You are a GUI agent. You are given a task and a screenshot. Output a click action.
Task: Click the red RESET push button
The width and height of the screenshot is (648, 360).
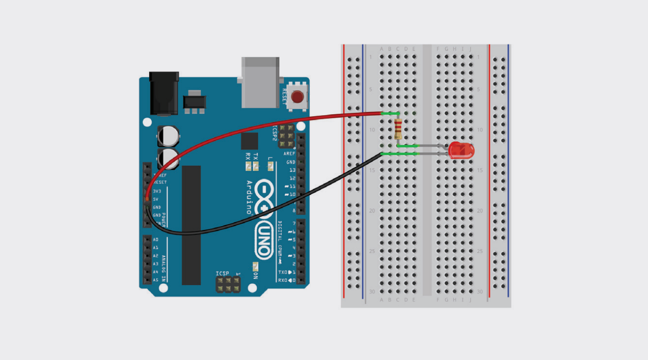click(x=297, y=97)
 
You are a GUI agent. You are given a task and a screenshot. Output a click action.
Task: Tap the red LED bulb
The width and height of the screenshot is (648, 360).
click(x=461, y=151)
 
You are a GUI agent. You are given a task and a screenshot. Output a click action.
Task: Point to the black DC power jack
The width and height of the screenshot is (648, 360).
click(x=164, y=94)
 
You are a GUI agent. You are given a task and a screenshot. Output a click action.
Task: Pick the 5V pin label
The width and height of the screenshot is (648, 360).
click(x=156, y=199)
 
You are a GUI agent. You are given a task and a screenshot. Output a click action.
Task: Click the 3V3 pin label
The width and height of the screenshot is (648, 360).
click(x=157, y=191)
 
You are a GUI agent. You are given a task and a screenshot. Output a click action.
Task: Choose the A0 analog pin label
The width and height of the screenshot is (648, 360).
click(x=155, y=240)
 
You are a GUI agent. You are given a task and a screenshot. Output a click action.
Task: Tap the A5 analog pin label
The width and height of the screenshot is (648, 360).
click(x=155, y=280)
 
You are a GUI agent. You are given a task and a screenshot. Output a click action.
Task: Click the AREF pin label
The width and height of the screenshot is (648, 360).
click(x=289, y=154)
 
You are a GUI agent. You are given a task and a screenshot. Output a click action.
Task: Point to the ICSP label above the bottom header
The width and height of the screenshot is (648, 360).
click(x=223, y=273)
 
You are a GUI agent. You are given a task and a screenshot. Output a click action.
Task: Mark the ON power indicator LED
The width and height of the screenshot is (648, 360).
click(x=256, y=266)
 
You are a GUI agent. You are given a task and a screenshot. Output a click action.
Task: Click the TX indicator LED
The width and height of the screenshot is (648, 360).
click(x=256, y=167)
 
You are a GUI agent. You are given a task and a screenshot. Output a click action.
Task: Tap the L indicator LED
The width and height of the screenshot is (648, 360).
click(x=271, y=167)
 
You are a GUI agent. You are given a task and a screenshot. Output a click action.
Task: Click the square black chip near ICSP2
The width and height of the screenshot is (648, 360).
click(x=249, y=141)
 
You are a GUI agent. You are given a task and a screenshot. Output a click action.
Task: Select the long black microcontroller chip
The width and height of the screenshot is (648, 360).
click(x=191, y=225)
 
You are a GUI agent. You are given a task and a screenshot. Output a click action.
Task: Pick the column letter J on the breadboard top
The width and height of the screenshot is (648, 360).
click(x=471, y=48)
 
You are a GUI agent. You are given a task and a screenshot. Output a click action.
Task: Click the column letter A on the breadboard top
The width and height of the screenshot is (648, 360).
click(x=381, y=48)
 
